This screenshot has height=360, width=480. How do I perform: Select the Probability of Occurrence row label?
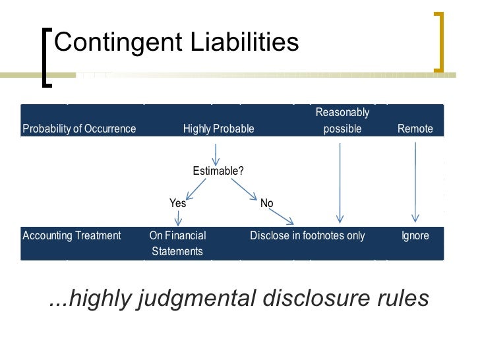click(x=79, y=129)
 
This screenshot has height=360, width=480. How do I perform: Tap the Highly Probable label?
click(x=218, y=129)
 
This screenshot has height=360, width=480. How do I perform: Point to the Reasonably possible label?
click(x=342, y=121)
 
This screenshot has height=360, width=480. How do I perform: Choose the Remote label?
click(x=415, y=129)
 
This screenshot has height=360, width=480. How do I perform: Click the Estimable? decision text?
click(x=218, y=171)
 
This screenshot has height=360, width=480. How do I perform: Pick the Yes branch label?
click(x=178, y=203)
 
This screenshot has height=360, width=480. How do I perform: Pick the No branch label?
click(x=266, y=203)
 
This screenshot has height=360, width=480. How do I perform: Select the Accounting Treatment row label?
click(x=72, y=235)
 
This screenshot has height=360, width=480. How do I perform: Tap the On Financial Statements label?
click(x=177, y=243)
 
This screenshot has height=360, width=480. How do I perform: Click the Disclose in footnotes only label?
click(x=307, y=235)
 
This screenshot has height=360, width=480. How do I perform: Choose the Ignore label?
click(x=415, y=235)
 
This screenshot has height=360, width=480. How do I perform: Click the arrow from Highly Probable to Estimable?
click(x=216, y=154)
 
